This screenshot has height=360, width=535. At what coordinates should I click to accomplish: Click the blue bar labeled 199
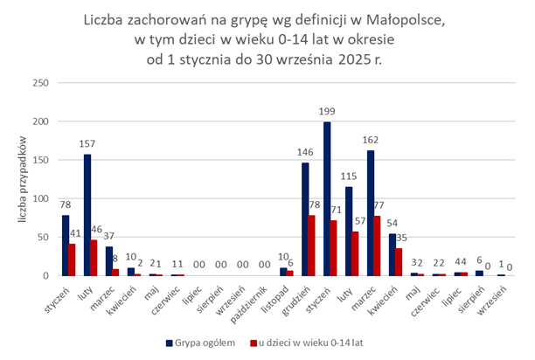[327, 199]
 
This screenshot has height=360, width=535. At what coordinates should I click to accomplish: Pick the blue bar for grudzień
[305, 219]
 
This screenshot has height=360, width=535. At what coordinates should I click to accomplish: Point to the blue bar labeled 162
[371, 213]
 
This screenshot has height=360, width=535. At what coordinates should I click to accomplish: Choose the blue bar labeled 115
[349, 232]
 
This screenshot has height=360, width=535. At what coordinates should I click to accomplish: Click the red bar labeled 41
[73, 260]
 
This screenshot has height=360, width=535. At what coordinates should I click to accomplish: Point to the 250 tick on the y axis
[38, 83]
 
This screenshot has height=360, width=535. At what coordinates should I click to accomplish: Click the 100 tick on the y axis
[38, 198]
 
